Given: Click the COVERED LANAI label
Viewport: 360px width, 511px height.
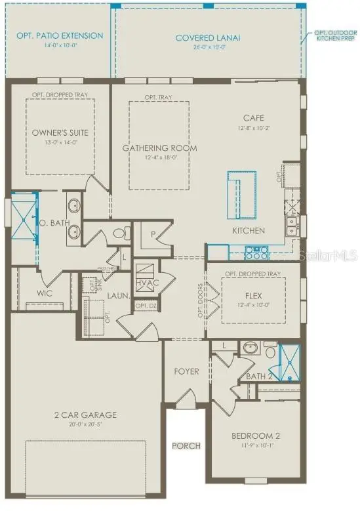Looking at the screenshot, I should point(208,38).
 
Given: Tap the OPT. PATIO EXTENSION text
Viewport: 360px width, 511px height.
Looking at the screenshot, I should point(60,35).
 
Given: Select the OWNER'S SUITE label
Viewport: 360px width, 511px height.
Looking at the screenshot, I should point(60,133).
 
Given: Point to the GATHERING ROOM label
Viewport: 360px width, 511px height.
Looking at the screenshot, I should point(160,148).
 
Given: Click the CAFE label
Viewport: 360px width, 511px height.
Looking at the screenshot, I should point(252,117).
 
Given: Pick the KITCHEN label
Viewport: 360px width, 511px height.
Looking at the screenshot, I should point(249,231).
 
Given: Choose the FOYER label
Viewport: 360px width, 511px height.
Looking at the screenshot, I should point(186,372).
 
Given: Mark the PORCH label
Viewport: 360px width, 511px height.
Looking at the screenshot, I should point(186,446).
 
